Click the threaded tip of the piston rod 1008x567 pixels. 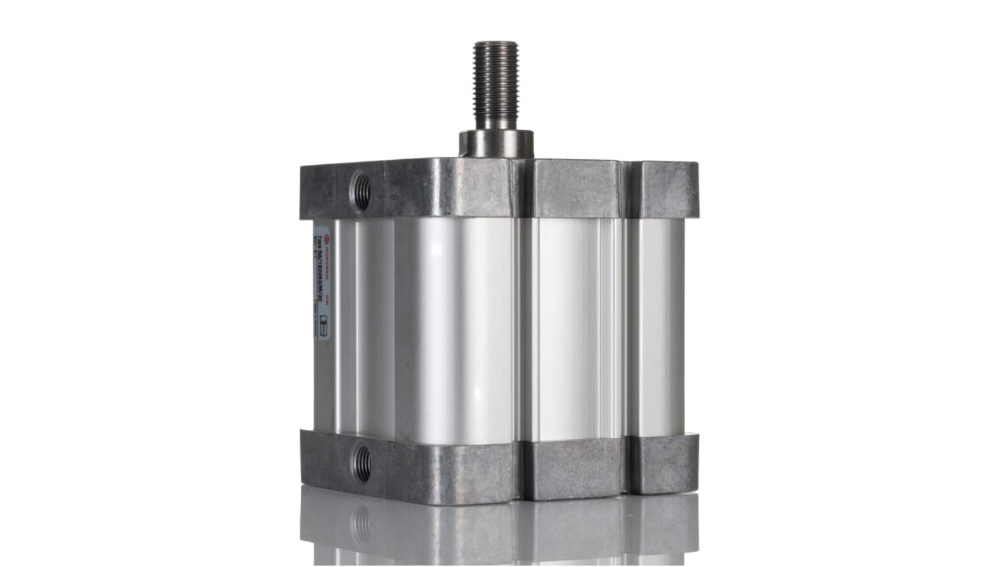496,78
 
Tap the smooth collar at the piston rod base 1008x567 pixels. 496,144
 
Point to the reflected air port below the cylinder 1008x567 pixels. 362,524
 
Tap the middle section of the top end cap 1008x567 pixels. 576,188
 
